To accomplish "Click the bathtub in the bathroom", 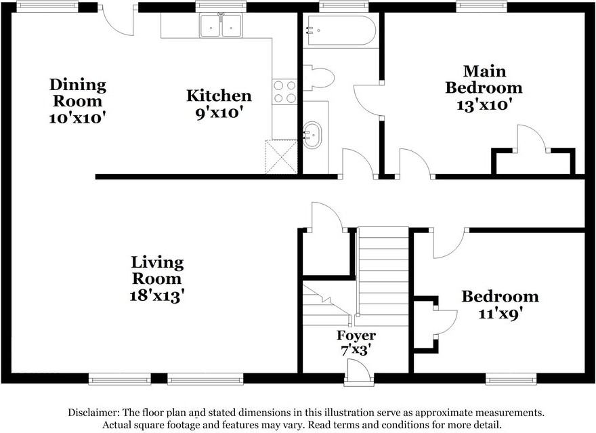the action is click(341, 30).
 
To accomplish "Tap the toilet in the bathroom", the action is click(318, 78).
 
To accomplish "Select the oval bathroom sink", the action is click(312, 135).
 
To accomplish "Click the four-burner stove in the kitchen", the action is click(284, 91).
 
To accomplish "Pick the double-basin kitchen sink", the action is click(221, 25).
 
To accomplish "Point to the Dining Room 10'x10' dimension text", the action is click(77, 118).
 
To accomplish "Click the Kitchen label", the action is click(219, 96).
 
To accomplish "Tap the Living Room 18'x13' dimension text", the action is click(157, 295).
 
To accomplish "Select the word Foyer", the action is click(356, 335).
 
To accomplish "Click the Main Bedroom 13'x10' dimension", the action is click(484, 104).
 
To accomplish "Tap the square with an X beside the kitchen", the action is click(281, 157).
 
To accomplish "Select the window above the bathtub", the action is click(344, 7).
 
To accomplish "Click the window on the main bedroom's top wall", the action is click(482, 7).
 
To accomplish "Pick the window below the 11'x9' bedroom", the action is click(511, 379).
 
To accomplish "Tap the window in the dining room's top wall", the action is click(47, 7).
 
